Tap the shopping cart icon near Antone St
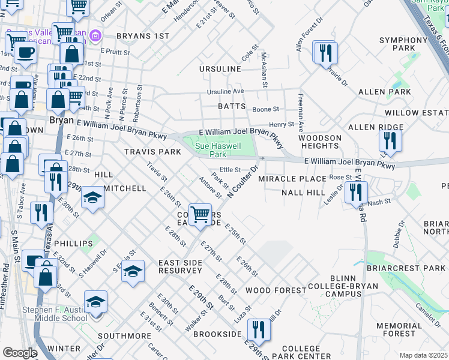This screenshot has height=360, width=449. pyautogui.click(x=200, y=214)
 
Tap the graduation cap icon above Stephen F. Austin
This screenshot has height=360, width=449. pyautogui.click(x=95, y=302)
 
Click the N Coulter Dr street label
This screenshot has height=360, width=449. pyautogui.click(x=243, y=181)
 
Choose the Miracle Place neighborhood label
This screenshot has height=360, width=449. pyautogui.click(x=292, y=179)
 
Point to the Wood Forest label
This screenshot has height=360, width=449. pyautogui.click(x=276, y=290)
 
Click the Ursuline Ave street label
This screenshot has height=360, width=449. pyautogui.click(x=226, y=91)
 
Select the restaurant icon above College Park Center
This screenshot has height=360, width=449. pyautogui.click(x=259, y=329)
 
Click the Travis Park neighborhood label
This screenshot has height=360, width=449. pyautogui.click(x=152, y=152)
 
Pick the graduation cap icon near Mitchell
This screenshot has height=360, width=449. pyautogui.click(x=92, y=198)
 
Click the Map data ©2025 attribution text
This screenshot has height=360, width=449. pyautogui.click(x=423, y=355)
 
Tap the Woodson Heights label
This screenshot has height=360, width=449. pyautogui.click(x=320, y=142)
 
